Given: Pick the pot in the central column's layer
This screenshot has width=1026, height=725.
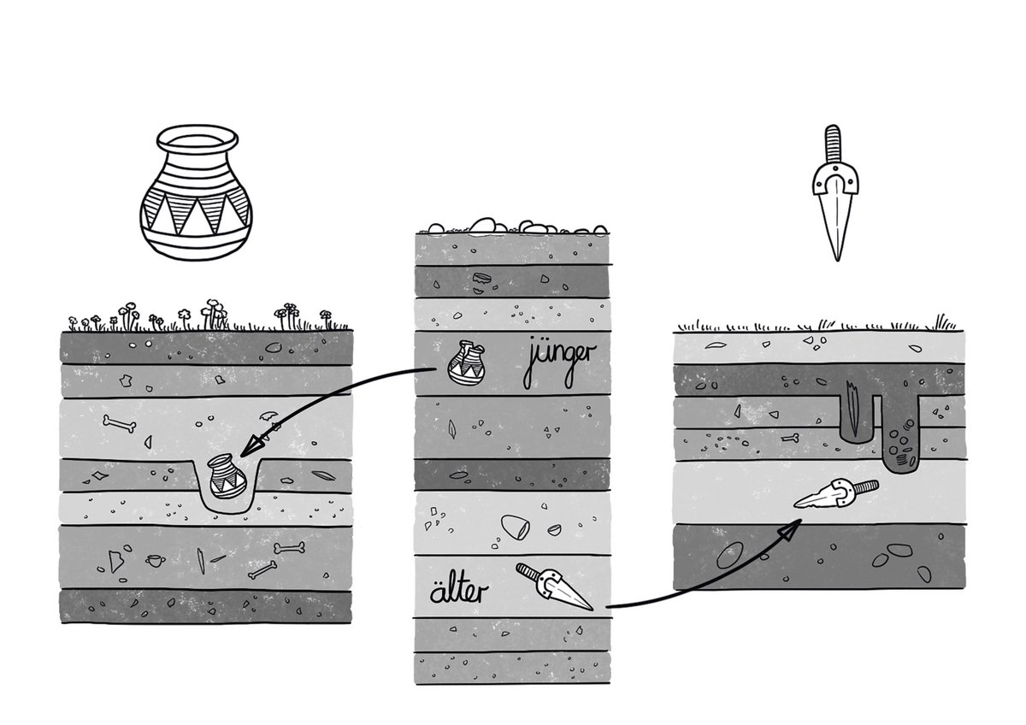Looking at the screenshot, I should click(467, 362).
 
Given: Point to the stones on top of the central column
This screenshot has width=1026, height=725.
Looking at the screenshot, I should click(513, 226).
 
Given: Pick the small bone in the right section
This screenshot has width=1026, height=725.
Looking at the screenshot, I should click(795, 439).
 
